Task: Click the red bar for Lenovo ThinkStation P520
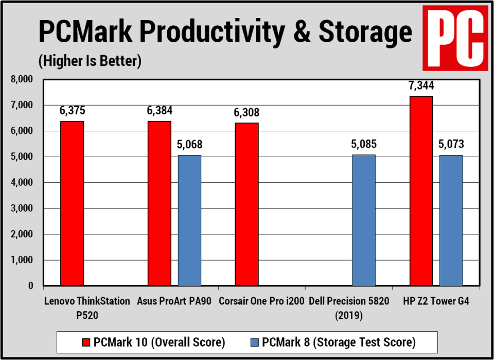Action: [x=72, y=203]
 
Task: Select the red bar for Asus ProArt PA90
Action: [x=160, y=203]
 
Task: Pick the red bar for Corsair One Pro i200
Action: [x=246, y=204]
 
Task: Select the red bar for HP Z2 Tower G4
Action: [x=421, y=191]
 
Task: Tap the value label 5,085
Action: [x=363, y=145]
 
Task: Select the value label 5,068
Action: [x=189, y=145]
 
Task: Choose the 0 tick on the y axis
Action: [x=30, y=286]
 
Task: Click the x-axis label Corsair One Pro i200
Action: [x=261, y=301]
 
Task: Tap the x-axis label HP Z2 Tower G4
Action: [x=436, y=301]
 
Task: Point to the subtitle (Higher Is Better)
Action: [x=89, y=61]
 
